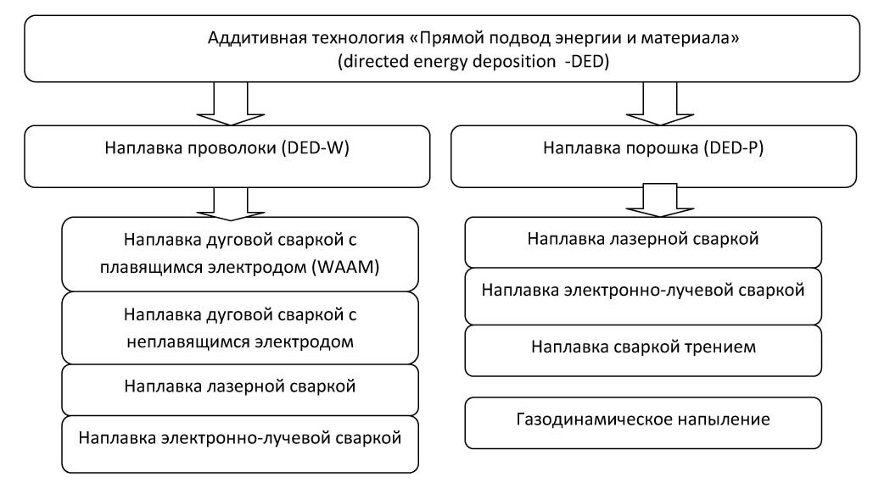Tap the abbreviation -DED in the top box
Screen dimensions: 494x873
[585, 64]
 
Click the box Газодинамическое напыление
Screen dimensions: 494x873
[644, 419]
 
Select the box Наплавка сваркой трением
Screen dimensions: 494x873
[644, 347]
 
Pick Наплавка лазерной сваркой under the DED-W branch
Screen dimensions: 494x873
[241, 387]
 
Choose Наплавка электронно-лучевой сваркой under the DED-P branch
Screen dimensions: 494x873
[644, 290]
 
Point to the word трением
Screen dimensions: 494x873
[728, 347]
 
